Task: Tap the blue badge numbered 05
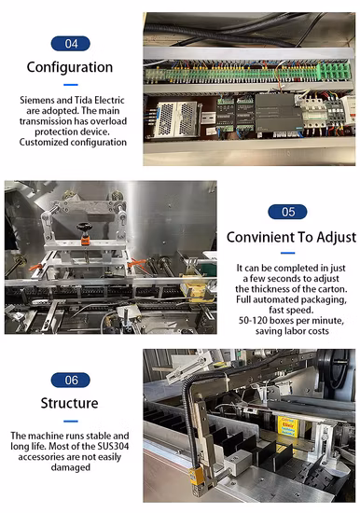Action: coord(287,212)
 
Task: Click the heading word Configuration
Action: coord(69,67)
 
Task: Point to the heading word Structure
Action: coord(69,403)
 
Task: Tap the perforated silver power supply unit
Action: coord(177,119)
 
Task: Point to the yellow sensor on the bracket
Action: coord(197,478)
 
